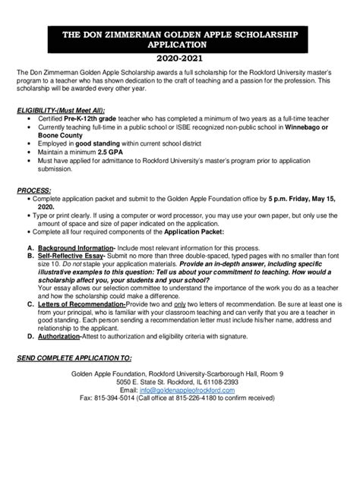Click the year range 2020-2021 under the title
coord(180,58)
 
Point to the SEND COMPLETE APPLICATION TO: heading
coord(76,357)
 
